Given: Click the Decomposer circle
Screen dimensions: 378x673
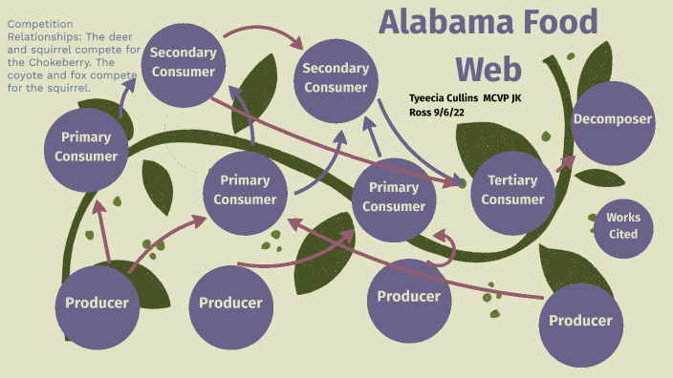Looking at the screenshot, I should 612,120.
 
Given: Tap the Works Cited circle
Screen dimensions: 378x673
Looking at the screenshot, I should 623,225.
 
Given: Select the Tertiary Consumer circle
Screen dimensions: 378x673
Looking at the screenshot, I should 512,189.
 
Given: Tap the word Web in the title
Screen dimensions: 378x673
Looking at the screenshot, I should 488,68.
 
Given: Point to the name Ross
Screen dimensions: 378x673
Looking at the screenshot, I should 421,111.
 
